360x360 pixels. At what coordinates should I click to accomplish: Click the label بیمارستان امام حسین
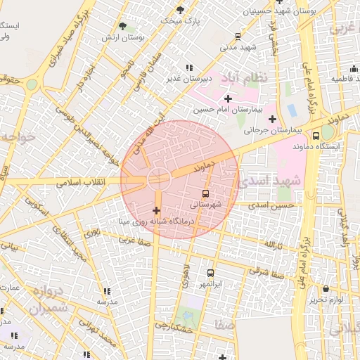[x=228, y=110]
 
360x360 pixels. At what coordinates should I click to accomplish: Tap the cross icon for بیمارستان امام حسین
[x=228, y=98]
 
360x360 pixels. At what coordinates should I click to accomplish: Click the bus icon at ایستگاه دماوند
[x=315, y=134]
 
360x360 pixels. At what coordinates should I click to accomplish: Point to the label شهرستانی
[x=205, y=204]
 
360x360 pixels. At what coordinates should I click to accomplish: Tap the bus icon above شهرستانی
[x=205, y=193]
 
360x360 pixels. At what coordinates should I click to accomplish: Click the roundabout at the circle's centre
[x=157, y=179]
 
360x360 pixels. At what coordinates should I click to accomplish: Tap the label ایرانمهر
[x=210, y=283]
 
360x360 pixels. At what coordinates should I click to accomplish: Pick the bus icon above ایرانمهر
[x=210, y=273]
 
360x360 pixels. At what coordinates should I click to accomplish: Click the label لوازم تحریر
[x=326, y=300]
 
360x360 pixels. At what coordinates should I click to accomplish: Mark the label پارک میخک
[x=180, y=20]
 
